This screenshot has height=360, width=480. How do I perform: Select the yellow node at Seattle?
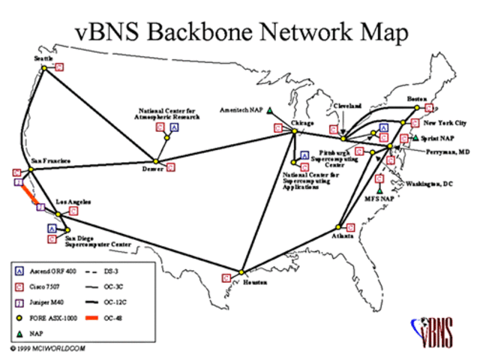pos(45,68)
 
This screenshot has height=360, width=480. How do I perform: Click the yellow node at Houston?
pos(242,271)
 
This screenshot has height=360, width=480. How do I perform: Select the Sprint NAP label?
pos(437,138)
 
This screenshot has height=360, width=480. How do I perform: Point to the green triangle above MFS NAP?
pos(379,190)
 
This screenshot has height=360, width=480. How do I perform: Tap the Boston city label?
pos(416,98)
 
